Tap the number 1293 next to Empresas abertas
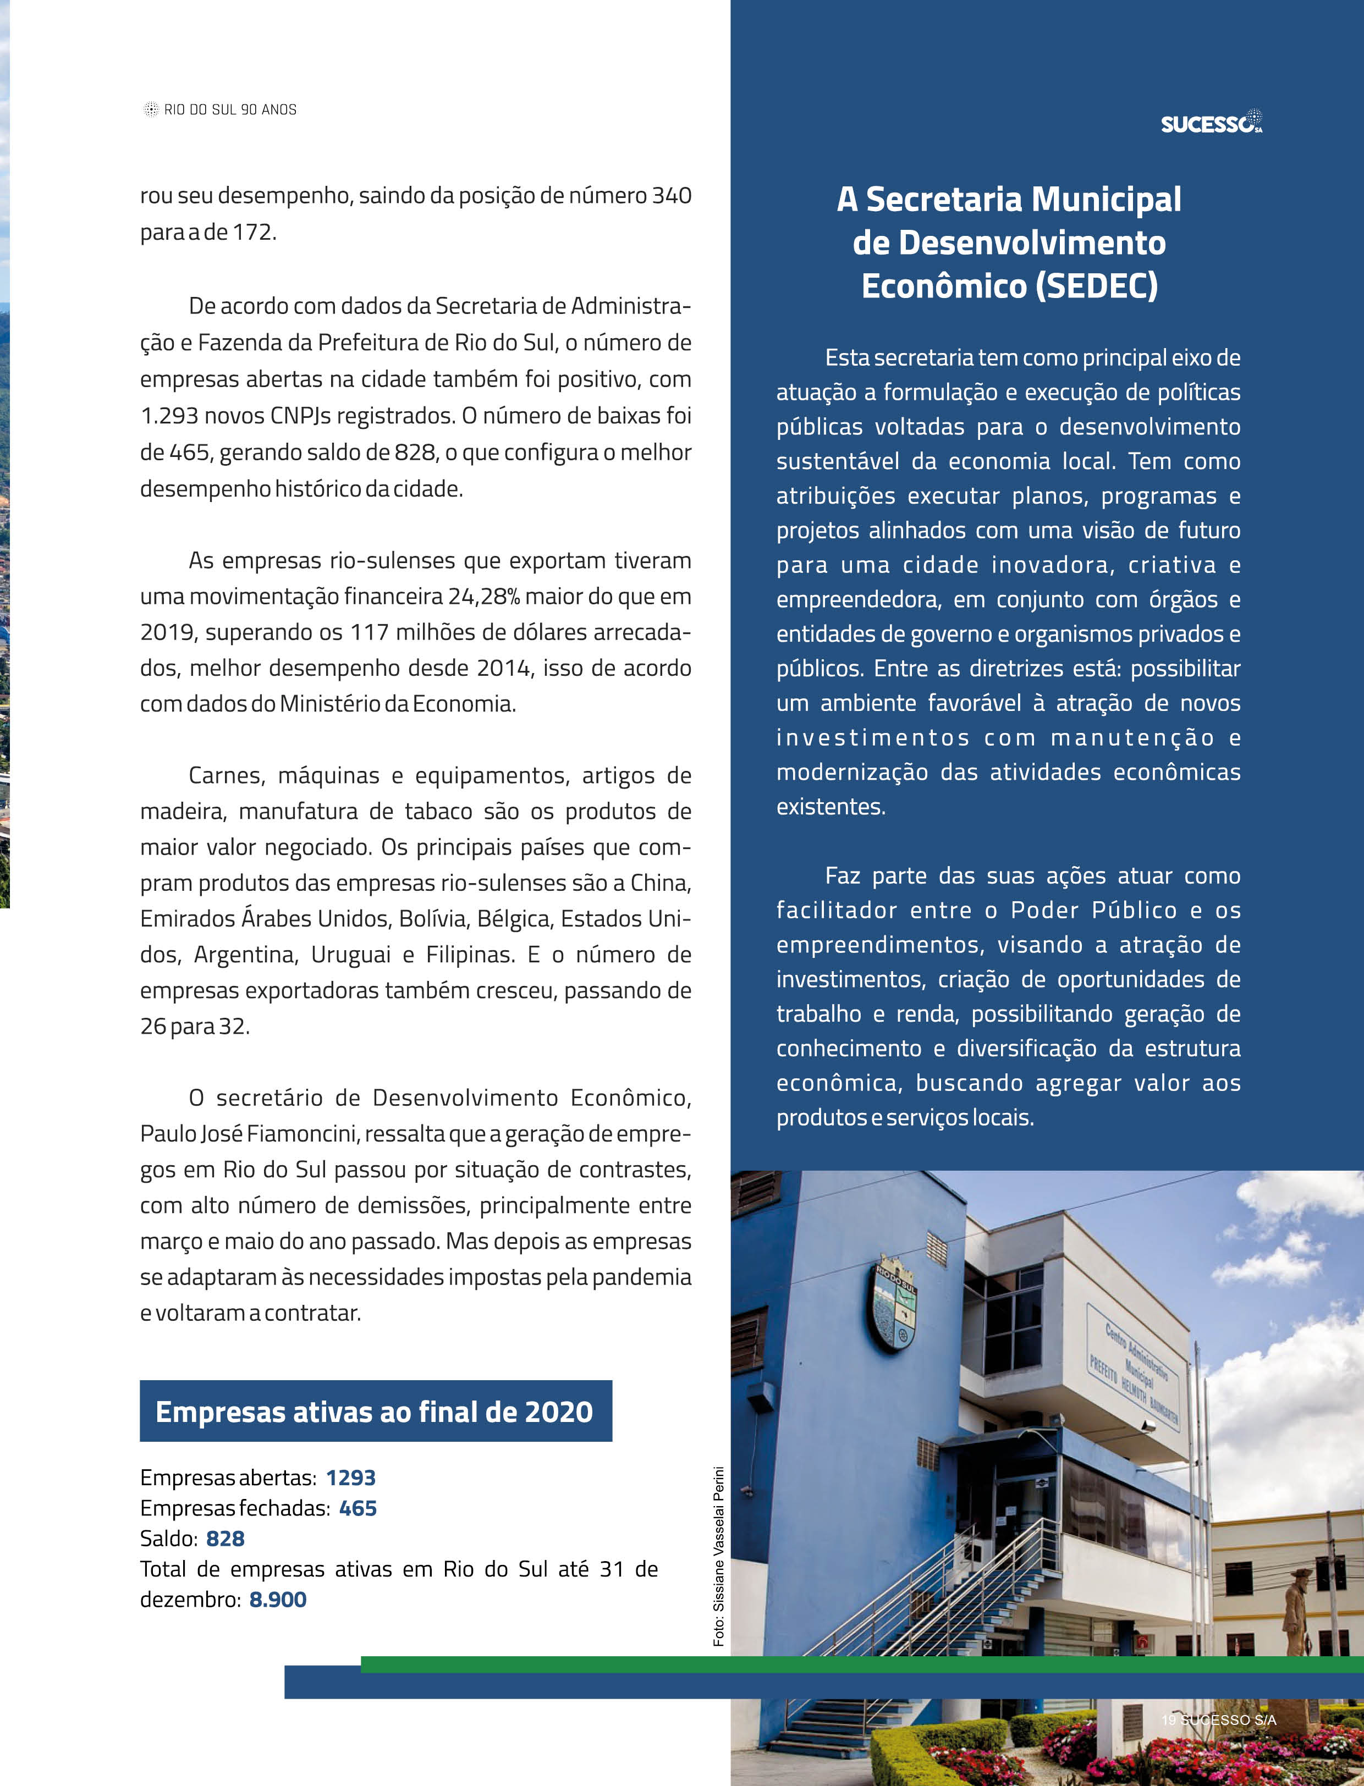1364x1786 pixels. pyautogui.click(x=351, y=1478)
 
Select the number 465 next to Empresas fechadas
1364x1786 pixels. pyautogui.click(x=358, y=1508)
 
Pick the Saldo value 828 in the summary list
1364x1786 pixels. pyautogui.click(x=225, y=1539)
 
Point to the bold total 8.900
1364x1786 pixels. pyautogui.click(x=278, y=1600)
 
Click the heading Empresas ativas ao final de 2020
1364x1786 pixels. pyautogui.click(x=375, y=1412)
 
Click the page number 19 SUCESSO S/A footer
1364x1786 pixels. pyautogui.click(x=1218, y=1719)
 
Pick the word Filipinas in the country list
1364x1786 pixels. pyautogui.click(x=470, y=955)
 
